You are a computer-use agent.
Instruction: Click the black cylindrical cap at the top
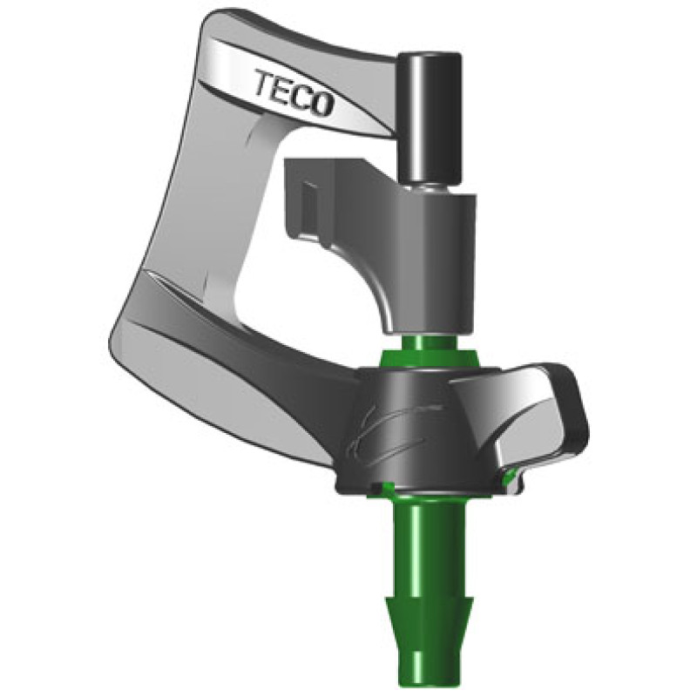[430, 118]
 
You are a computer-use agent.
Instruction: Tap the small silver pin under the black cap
[430, 189]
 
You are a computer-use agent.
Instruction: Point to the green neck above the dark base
[430, 351]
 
